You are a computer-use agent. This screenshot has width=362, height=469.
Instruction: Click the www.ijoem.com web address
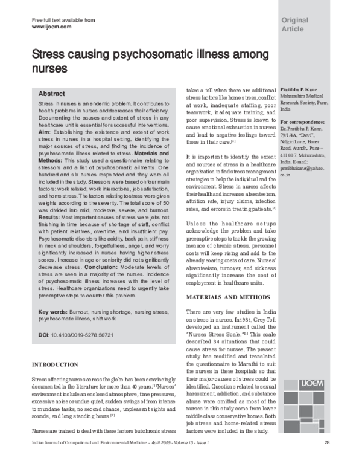(51, 27)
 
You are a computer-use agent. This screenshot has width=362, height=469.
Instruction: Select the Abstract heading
(52, 94)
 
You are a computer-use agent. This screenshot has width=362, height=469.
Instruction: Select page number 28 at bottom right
(326, 460)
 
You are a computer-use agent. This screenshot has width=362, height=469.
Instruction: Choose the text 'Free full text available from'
(62, 20)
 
